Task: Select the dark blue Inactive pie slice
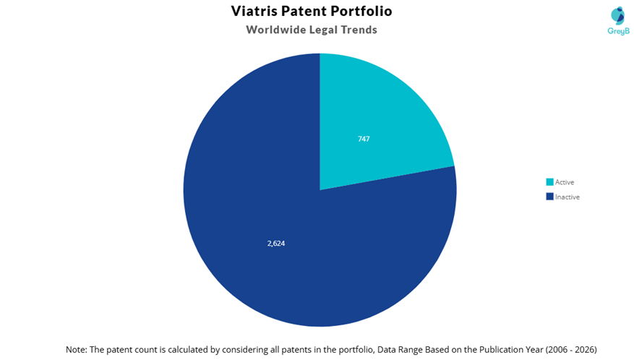(x=283, y=226)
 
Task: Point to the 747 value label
(x=364, y=139)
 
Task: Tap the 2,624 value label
(x=276, y=243)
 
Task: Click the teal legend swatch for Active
(x=549, y=182)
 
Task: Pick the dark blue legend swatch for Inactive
(x=549, y=197)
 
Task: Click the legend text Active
(x=565, y=182)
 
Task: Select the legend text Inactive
(x=567, y=197)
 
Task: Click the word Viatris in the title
(x=254, y=11)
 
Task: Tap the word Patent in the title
(x=304, y=11)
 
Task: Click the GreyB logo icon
(x=617, y=16)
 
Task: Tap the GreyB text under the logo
(x=619, y=31)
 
